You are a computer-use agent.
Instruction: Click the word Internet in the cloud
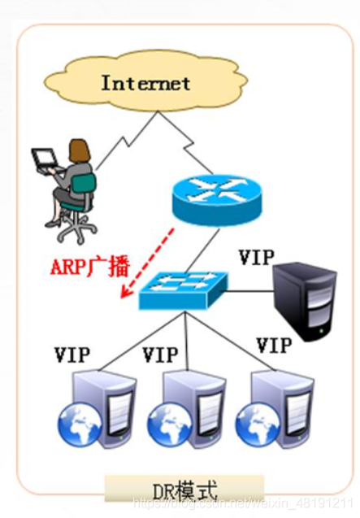coord(145,83)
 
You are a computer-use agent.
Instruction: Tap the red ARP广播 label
coord(90,266)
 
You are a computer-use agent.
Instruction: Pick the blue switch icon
coord(184,290)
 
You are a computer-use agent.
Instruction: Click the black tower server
coord(304,300)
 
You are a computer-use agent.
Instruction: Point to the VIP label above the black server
coord(256,257)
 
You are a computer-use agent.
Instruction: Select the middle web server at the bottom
coord(187,409)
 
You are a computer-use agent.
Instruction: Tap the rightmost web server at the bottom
coord(275,409)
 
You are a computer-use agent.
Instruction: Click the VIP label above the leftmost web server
coord(72,355)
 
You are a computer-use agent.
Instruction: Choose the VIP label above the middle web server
coord(160,355)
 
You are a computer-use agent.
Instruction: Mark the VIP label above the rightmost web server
coord(274,346)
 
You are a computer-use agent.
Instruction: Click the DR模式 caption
coord(185,491)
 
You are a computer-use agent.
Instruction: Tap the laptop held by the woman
coord(46,159)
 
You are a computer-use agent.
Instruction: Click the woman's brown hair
coord(79,151)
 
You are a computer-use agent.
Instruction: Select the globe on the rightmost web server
coord(257,424)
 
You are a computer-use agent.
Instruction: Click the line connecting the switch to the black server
coord(250,291)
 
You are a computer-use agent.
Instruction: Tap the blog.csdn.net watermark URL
coord(243,503)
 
